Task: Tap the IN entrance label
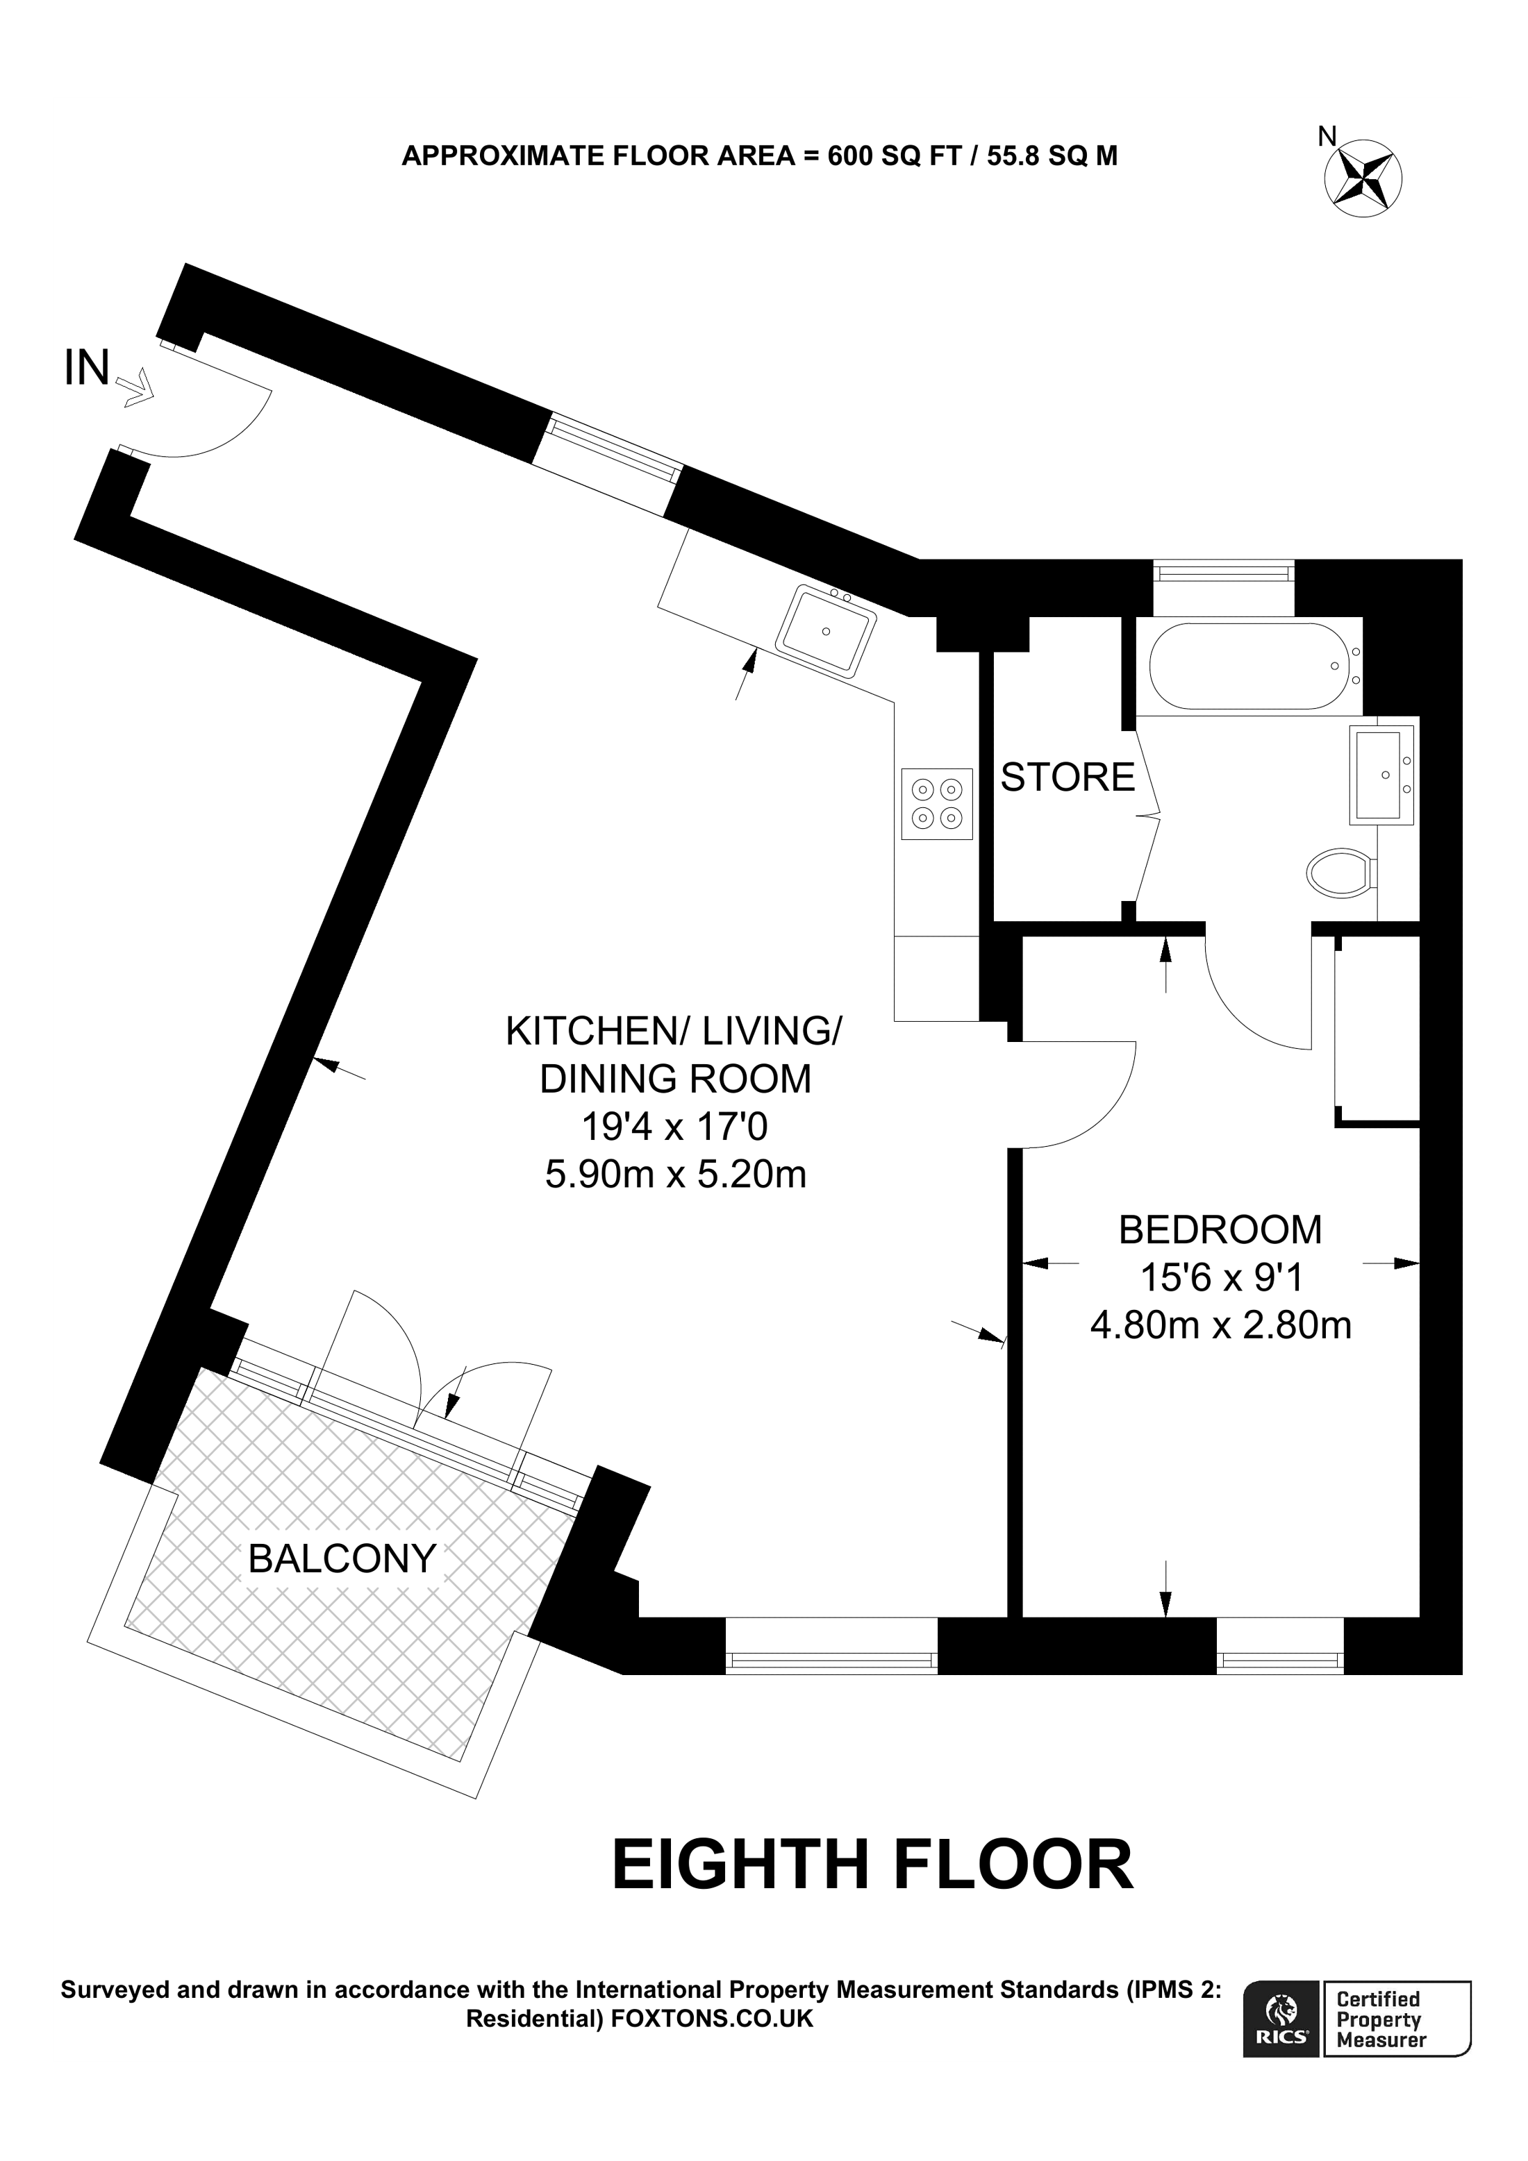point(87,368)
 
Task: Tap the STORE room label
point(1067,777)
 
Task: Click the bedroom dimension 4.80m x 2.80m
point(1220,1325)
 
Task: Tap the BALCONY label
point(342,1560)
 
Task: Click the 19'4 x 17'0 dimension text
point(675,1127)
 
